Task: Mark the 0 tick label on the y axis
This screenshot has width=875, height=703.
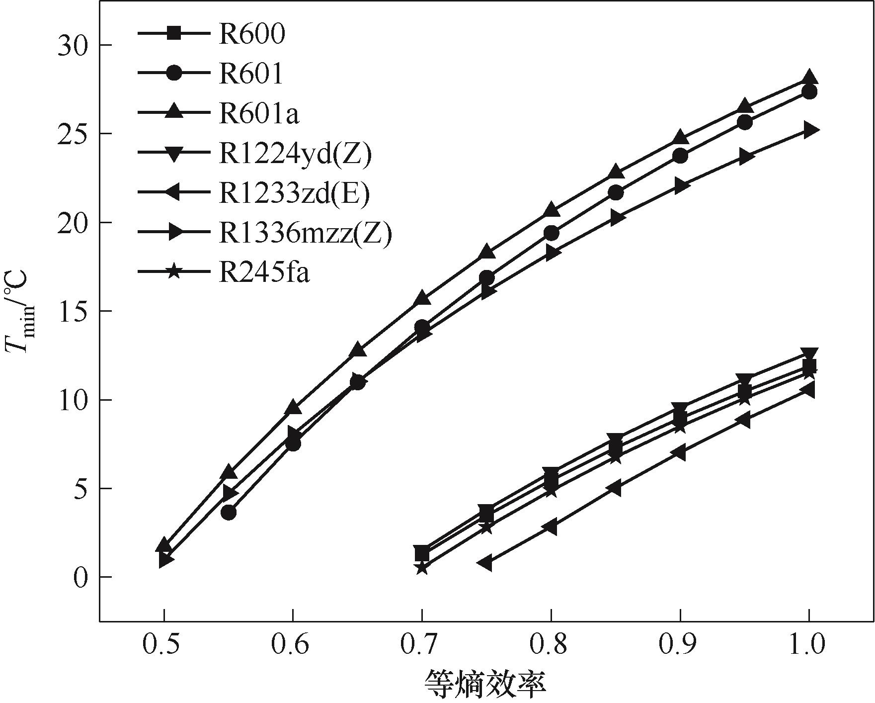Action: pos(80,577)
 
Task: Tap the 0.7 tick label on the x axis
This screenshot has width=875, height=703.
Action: pos(421,645)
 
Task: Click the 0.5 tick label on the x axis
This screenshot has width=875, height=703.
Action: pos(163,645)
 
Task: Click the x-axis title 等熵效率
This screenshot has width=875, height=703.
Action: pos(485,684)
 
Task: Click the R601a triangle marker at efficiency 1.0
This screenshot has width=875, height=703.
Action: pos(809,77)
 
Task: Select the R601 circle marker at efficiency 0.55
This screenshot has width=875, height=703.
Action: pos(229,513)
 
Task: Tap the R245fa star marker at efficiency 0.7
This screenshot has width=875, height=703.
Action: pos(422,567)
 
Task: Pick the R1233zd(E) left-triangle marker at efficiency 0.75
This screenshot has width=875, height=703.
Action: pos(485,563)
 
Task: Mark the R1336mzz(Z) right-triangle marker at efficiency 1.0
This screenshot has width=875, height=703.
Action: pos(810,130)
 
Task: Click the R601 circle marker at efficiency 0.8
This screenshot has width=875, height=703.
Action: pos(551,233)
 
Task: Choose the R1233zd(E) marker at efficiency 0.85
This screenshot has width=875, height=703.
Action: pos(615,488)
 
